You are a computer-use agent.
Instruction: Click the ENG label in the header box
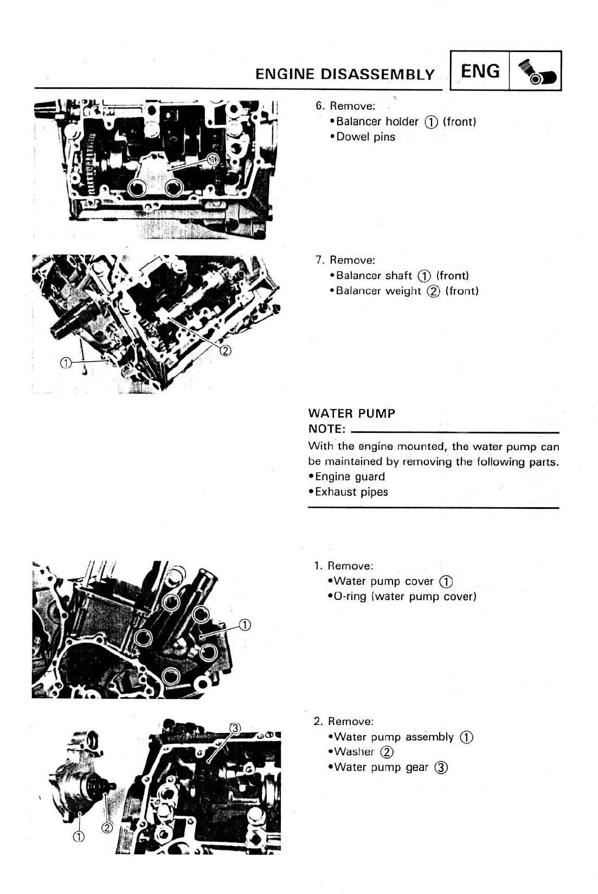coord(480,71)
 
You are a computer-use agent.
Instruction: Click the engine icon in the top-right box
coord(535,71)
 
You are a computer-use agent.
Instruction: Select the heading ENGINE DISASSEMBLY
coord(345,74)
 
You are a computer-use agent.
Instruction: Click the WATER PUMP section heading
coord(352,413)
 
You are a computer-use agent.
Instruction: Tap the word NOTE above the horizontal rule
coord(326,429)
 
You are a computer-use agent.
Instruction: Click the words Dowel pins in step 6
coord(366,137)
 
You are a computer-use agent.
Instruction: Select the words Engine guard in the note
coord(350,477)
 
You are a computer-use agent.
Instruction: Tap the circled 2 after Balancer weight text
coord(433,291)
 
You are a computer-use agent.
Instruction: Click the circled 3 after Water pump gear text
coord(442,768)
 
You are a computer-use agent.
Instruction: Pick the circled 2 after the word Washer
coord(387,752)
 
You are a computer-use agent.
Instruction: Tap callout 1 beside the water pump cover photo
coord(245,625)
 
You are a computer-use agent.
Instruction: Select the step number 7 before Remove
coord(319,260)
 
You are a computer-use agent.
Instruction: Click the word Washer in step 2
coord(354,752)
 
